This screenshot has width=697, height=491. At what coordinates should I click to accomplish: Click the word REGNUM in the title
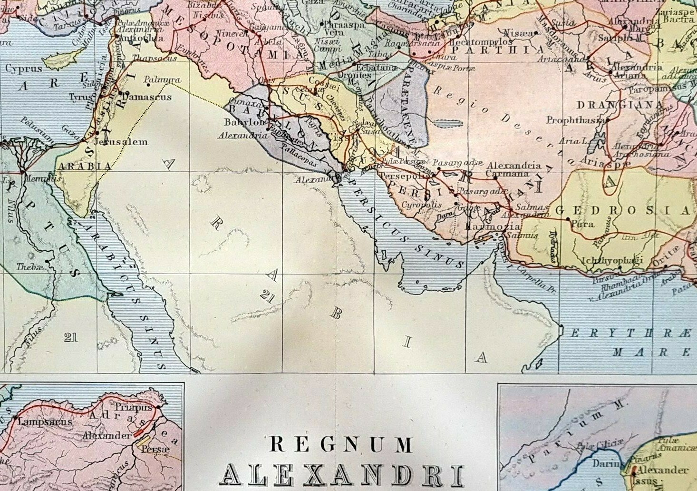(x=341, y=445)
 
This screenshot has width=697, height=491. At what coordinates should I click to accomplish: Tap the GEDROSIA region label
(x=622, y=210)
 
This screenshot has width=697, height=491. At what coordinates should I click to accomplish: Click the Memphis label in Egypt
(x=47, y=179)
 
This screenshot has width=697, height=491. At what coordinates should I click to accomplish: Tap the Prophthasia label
(x=575, y=120)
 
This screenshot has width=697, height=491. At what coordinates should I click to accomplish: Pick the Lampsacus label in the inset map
(x=45, y=422)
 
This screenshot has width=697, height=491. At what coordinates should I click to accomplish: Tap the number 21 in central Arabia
(x=267, y=297)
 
